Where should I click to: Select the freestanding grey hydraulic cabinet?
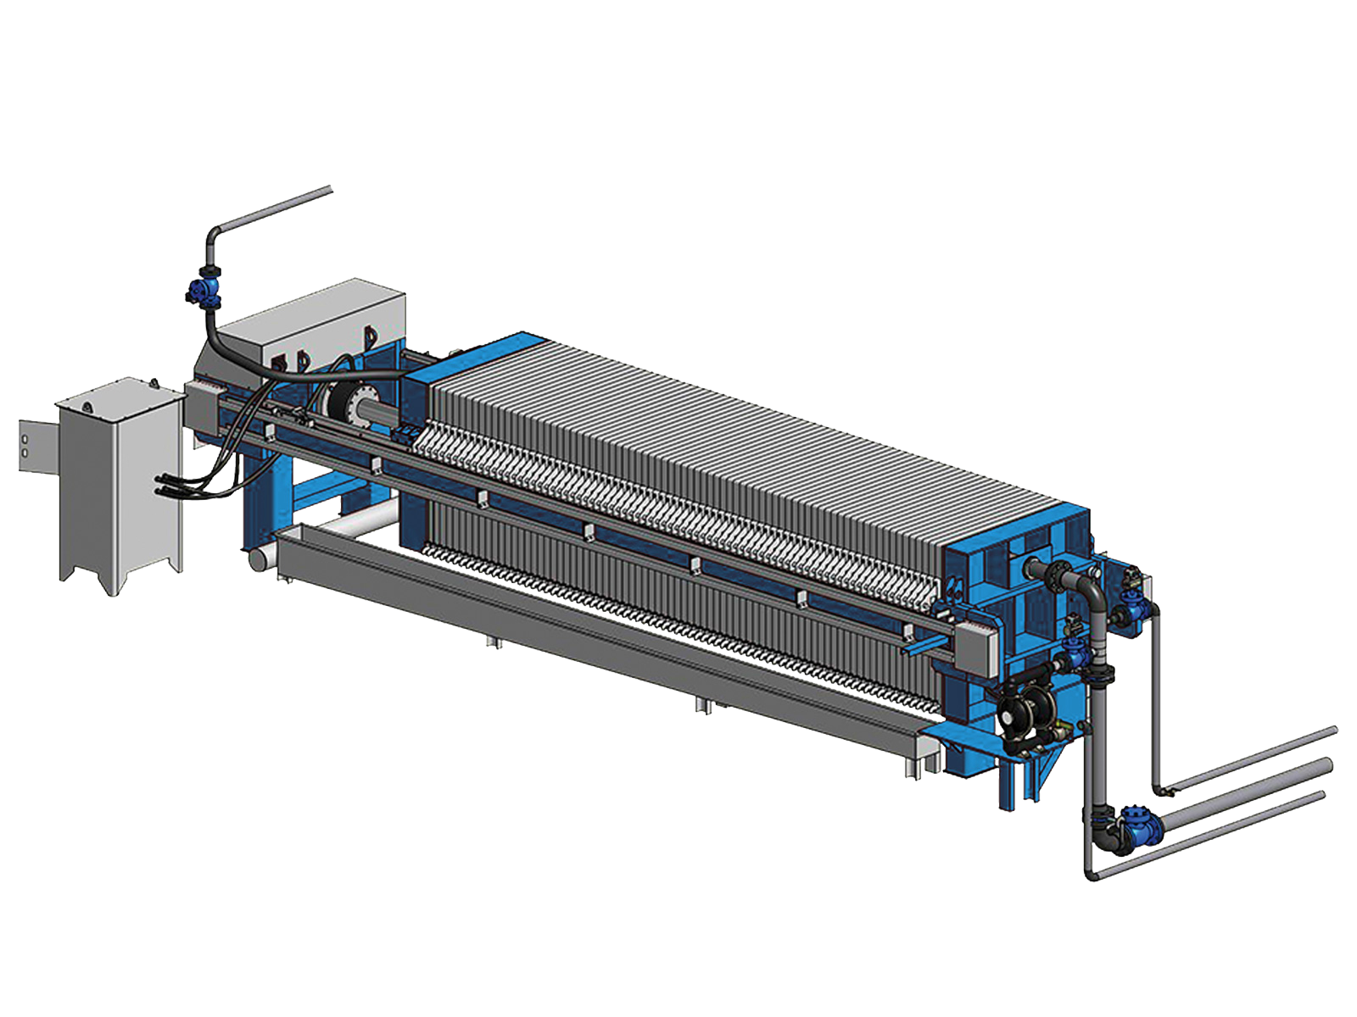click(x=119, y=483)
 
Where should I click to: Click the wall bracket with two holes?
click(x=34, y=445)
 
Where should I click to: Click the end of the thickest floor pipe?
click(x=1326, y=767)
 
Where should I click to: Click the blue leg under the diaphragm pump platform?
click(x=1008, y=784)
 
